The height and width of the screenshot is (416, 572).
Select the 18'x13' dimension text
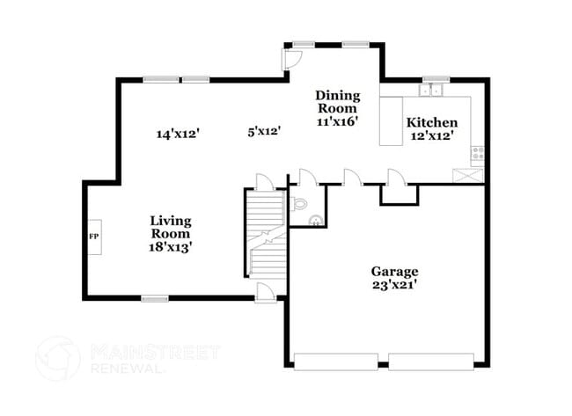pos(170,248)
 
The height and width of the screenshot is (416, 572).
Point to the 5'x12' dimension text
pos(263,131)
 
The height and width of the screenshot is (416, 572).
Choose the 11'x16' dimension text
pos(337,121)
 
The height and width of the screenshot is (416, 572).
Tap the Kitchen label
pos(431,123)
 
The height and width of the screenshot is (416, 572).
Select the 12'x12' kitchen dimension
pos(431,138)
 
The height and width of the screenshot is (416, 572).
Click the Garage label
pos(393,271)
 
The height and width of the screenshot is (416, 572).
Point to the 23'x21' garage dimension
pos(393,285)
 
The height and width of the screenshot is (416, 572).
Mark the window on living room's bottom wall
pos(155,299)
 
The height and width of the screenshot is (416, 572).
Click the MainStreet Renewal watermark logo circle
pos(58,358)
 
